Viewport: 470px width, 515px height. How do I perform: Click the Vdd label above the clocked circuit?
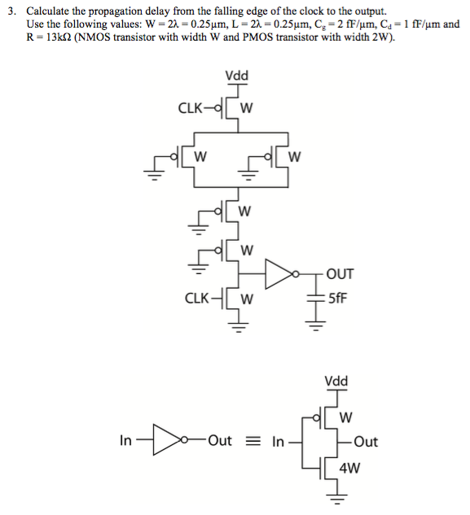236,76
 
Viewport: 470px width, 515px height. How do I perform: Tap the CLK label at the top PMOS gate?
191,107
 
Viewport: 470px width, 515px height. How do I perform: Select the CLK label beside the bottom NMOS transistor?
199,297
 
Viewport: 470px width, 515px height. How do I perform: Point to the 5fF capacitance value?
336,298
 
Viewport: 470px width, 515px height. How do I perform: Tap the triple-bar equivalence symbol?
255,442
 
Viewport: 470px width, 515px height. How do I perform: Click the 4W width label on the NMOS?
349,468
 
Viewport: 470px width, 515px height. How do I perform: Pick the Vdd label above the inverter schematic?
335,381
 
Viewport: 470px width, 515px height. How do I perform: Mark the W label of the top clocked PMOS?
247,107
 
